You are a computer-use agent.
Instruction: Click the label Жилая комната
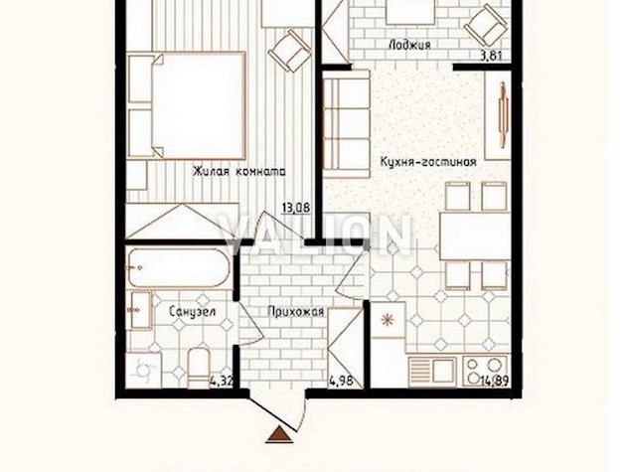pyautogui.click(x=239, y=172)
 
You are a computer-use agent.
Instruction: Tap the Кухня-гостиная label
pyautogui.click(x=428, y=162)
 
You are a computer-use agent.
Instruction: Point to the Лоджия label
pyautogui.click(x=409, y=45)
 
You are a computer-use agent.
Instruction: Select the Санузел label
pyautogui.click(x=192, y=311)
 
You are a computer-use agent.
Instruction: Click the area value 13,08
pyautogui.click(x=296, y=208)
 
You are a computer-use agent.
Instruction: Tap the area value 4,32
pyautogui.click(x=221, y=382)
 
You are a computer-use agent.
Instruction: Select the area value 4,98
pyautogui.click(x=341, y=381)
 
